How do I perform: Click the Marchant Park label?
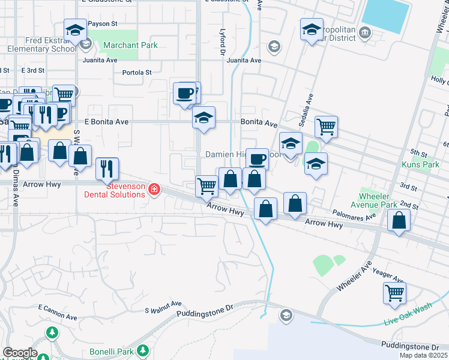(x=130, y=45)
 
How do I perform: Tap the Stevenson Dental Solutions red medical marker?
(x=154, y=190)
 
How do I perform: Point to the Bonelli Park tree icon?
(x=142, y=350)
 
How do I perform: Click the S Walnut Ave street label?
(x=163, y=307)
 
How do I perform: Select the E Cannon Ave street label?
(x=58, y=312)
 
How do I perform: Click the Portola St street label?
(x=137, y=73)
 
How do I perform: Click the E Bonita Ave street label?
(x=107, y=122)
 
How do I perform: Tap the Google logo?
(x=20, y=353)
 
